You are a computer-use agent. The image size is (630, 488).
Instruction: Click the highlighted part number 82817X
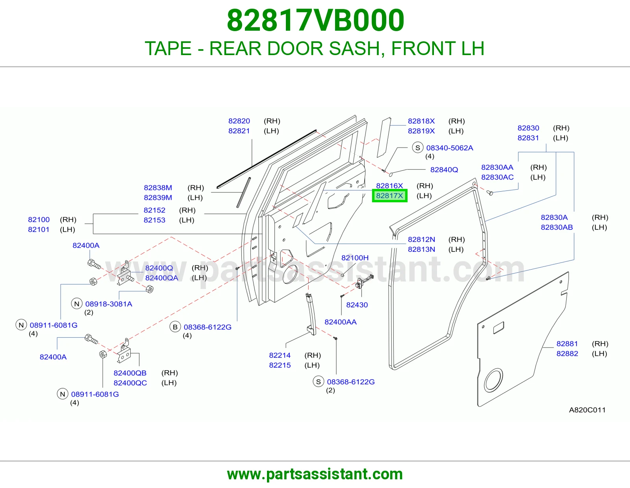tap(389, 196)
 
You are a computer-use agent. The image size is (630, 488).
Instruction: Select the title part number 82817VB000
tap(315, 20)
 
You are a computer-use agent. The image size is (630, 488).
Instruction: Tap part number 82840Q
tap(444, 170)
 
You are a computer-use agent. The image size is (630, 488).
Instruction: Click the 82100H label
tap(355, 258)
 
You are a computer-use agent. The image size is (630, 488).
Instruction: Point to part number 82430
tap(357, 305)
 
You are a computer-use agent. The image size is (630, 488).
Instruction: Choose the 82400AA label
tap(340, 322)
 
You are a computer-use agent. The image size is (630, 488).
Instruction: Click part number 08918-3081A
tap(109, 304)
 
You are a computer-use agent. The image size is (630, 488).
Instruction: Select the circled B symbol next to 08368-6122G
tap(175, 327)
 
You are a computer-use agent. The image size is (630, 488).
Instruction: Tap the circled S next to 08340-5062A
tap(417, 148)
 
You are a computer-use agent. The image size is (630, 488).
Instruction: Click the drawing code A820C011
tap(587, 410)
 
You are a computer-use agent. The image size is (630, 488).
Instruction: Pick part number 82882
tap(567, 353)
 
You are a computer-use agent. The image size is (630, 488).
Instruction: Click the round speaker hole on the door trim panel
tap(493, 380)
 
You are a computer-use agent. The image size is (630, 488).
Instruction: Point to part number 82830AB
tap(557, 227)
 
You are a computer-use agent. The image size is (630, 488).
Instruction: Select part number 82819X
tap(421, 131)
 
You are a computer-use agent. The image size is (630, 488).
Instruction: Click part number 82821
tap(239, 131)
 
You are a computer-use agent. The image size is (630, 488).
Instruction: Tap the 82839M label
tap(158, 198)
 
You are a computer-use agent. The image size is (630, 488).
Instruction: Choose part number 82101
tap(39, 229)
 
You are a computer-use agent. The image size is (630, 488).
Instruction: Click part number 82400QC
tap(130, 383)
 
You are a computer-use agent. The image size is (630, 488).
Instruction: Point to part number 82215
tap(280, 365)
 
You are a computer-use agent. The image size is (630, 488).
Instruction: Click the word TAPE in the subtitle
tap(168, 48)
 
